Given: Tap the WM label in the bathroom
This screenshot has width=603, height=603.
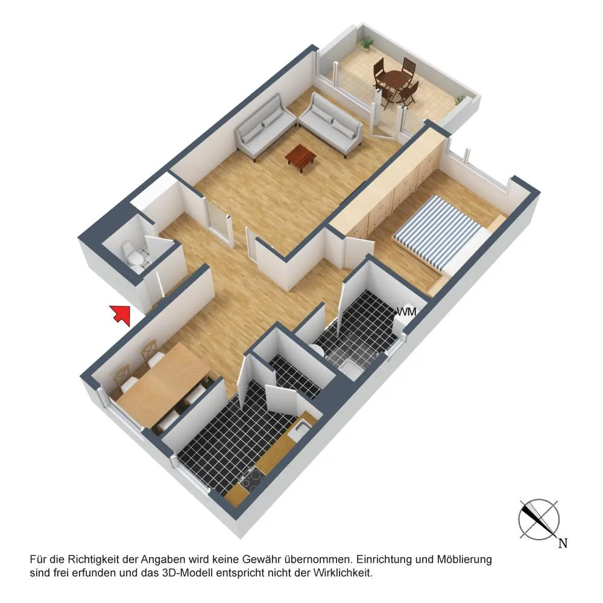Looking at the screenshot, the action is (x=406, y=312).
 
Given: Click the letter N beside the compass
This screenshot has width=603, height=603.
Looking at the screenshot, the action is (x=563, y=543).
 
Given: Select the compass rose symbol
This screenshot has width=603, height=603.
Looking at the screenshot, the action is (x=538, y=519).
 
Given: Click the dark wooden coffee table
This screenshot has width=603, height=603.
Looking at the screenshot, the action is (x=300, y=157).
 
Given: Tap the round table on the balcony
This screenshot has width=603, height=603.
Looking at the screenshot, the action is (x=396, y=81).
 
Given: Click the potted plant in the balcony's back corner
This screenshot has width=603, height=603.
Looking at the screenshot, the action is (x=367, y=42).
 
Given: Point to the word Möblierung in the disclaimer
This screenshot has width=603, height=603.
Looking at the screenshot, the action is (x=464, y=559).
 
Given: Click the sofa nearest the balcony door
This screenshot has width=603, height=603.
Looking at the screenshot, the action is (x=330, y=125).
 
